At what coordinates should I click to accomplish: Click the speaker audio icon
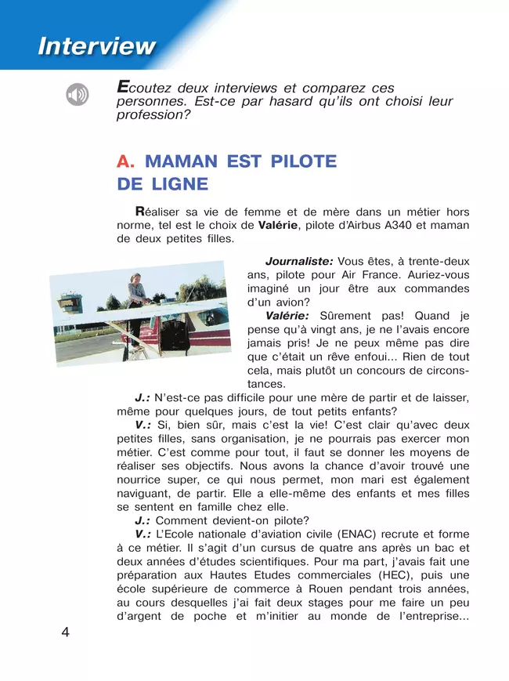point(78,96)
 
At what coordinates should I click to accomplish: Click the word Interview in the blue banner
point(97,46)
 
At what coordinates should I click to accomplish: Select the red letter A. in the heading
point(126,161)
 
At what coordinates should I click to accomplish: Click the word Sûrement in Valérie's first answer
point(349,316)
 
